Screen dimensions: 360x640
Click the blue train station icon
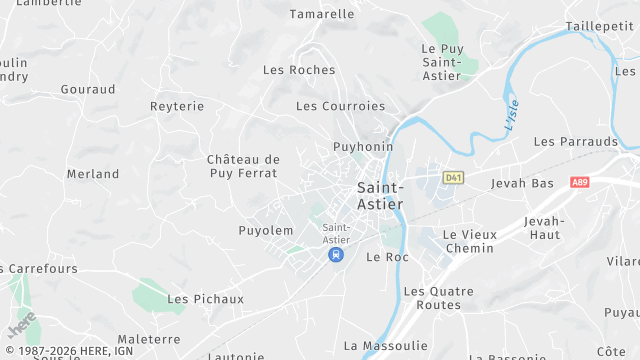(336, 255)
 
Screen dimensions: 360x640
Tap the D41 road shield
(454, 178)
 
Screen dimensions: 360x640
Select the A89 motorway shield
(580, 183)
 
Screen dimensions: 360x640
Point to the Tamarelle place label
(322, 14)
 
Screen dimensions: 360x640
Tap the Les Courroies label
(340, 106)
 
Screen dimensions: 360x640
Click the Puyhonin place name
(363, 147)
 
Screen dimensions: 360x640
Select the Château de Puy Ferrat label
(243, 166)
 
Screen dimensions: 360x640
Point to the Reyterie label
(177, 106)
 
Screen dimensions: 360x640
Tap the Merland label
(93, 174)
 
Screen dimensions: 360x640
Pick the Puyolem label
(266, 231)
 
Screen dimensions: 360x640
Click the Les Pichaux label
(206, 299)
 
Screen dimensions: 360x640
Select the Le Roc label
(388, 257)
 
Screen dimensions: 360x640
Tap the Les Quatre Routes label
(432, 298)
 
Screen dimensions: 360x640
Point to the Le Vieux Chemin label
(469, 241)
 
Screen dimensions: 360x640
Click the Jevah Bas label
(522, 184)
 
